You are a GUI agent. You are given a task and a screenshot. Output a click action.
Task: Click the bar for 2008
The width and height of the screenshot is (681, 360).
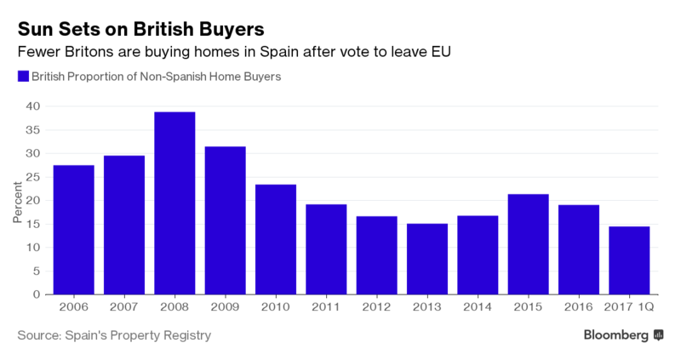point(175,203)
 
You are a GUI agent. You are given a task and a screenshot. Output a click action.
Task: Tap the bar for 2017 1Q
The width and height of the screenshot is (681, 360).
point(629,260)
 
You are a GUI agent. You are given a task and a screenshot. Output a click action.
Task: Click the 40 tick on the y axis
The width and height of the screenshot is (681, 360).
point(32,106)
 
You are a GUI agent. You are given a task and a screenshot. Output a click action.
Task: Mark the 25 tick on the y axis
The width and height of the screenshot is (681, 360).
point(32,177)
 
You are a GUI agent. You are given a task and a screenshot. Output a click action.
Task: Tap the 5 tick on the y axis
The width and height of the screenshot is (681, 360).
point(36,271)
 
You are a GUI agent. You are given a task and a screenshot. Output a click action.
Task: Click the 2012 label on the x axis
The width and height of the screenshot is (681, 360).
point(376,307)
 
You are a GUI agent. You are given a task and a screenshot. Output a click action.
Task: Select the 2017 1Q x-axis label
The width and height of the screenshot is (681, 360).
point(629,307)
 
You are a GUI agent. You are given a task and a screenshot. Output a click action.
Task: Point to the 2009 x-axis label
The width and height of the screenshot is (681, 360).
point(225,307)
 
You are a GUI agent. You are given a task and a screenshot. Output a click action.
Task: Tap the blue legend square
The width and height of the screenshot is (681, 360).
point(23,77)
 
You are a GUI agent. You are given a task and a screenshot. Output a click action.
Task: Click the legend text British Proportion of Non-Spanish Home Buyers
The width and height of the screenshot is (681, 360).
point(156,77)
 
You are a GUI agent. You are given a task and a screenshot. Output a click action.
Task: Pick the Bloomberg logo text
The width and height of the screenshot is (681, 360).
point(616,335)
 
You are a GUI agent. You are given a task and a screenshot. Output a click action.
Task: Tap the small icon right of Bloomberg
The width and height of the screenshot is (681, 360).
point(658,336)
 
